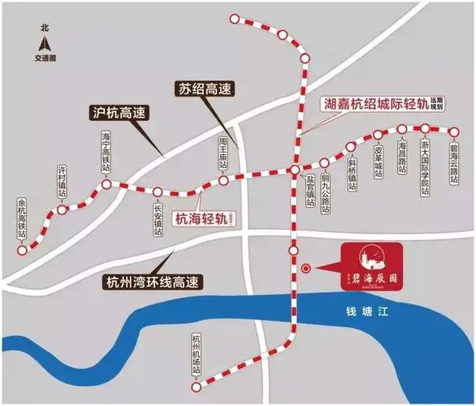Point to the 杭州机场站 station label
pos(196,353)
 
